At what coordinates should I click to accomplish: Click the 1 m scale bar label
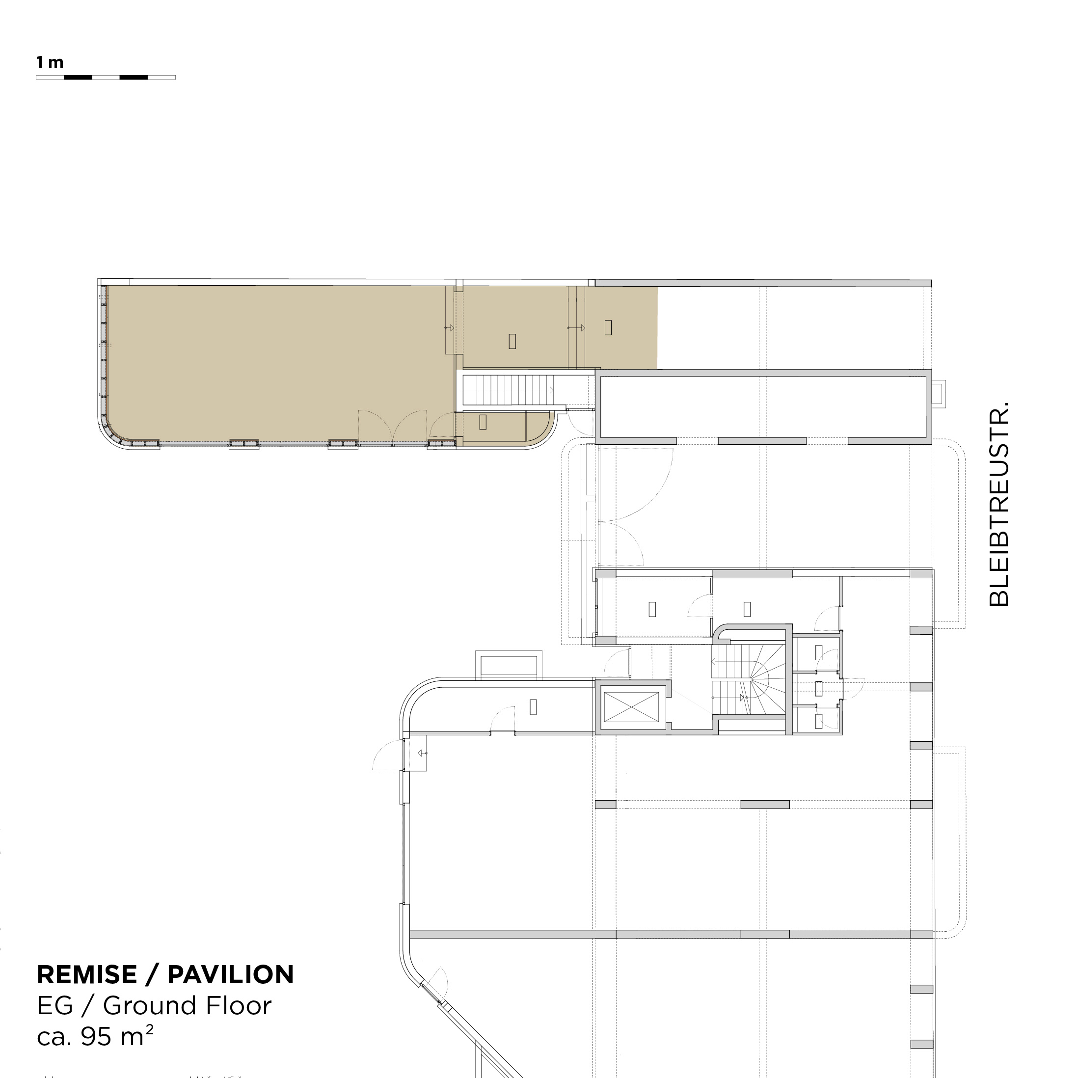(x=50, y=62)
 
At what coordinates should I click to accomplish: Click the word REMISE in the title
(x=87, y=975)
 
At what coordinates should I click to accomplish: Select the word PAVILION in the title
(x=230, y=975)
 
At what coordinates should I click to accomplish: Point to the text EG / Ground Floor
(x=154, y=1006)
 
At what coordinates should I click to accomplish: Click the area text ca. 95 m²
(x=95, y=1036)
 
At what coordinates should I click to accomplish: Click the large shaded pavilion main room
(x=279, y=363)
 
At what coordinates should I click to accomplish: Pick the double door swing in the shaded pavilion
(x=393, y=427)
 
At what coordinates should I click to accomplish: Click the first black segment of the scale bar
(x=78, y=78)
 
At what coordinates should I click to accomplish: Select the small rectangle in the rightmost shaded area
(x=608, y=327)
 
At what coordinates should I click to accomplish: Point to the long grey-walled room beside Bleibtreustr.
(x=763, y=407)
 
